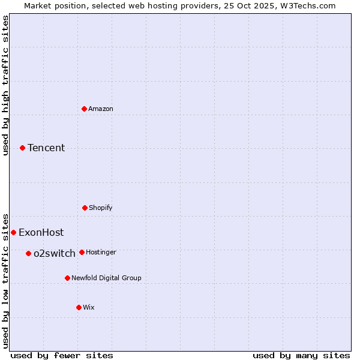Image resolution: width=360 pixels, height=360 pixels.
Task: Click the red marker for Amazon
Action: (84, 109)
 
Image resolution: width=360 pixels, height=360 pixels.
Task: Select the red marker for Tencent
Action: (22, 148)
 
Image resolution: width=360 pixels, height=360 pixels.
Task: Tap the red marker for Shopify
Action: (85, 208)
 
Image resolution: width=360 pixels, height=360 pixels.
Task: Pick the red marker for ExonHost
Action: (13, 232)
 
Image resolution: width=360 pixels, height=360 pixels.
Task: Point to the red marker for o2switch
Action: (28, 253)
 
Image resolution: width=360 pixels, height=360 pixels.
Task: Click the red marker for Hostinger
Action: (82, 252)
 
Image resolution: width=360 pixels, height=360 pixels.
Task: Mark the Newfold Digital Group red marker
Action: (67, 278)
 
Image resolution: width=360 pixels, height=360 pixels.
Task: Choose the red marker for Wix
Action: (79, 307)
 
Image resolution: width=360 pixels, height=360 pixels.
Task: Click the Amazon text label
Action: (101, 109)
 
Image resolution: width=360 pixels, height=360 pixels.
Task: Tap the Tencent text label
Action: (46, 148)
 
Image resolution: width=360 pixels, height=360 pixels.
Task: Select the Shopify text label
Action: (101, 208)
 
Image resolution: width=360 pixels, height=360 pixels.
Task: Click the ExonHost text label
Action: (41, 232)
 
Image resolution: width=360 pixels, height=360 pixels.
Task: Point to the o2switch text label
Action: (55, 253)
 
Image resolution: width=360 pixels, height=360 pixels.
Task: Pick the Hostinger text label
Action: (101, 252)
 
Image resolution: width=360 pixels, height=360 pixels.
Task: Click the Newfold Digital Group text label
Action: (106, 278)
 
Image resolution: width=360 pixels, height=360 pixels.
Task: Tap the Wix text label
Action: (89, 307)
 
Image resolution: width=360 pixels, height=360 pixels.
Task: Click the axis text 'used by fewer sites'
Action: (62, 355)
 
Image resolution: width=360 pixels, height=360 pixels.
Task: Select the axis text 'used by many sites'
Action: (301, 355)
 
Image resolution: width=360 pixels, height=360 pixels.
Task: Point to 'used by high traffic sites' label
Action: (5, 85)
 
